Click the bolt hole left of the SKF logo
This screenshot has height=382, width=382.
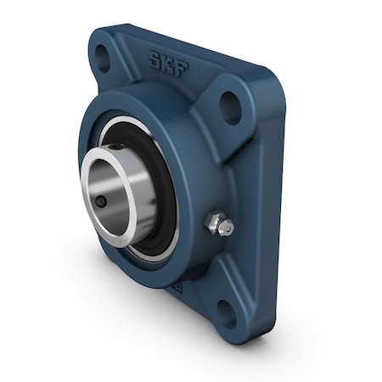point(101,58)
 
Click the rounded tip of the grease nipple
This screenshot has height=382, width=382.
point(227,228)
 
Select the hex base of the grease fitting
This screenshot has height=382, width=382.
point(215,223)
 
